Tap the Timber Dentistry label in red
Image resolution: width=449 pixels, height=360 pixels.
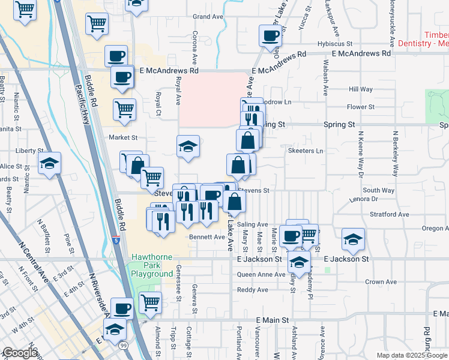[423, 40]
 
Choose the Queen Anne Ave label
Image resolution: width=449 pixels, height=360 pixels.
[261, 274]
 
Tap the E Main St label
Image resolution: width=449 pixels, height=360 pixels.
[272, 320]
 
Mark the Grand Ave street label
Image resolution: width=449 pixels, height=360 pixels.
[208, 16]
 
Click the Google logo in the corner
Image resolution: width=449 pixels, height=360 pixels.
[20, 353]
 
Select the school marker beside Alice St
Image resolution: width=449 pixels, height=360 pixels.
[50, 163]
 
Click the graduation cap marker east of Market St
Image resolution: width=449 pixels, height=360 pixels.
[188, 146]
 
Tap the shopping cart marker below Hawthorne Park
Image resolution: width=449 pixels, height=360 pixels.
[150, 302]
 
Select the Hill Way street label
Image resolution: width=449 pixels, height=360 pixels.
[361, 89]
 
